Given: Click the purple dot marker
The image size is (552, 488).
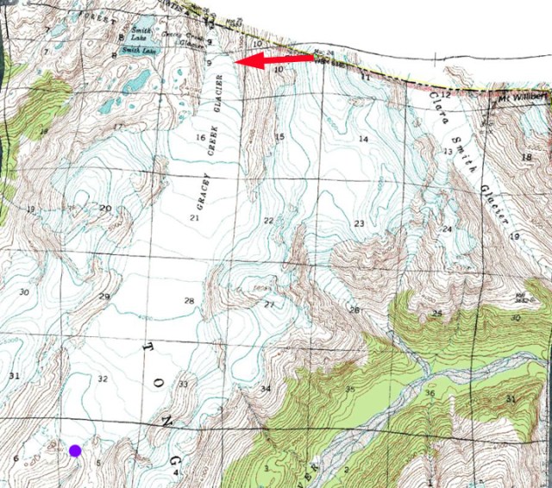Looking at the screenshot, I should click(75, 449).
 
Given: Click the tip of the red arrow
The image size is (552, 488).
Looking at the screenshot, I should click(238, 63).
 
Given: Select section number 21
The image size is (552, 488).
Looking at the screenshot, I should click(194, 217).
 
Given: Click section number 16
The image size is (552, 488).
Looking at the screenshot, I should click(200, 137).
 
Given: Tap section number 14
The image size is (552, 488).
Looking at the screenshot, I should click(363, 139).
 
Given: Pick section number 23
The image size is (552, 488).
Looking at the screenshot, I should click(359, 224).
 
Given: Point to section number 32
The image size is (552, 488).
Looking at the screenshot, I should click(103, 379).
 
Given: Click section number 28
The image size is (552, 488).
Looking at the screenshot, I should click(189, 300).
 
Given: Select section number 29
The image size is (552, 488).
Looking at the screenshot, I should click(104, 297).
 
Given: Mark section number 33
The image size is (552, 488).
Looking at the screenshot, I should click(183, 384).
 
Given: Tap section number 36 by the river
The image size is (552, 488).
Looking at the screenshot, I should click(430, 393).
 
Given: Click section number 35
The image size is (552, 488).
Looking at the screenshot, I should click(349, 390).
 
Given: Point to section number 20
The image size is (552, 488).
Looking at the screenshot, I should click(105, 208).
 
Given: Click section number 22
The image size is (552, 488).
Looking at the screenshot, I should click(268, 222).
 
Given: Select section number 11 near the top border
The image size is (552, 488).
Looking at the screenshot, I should click(365, 78).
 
